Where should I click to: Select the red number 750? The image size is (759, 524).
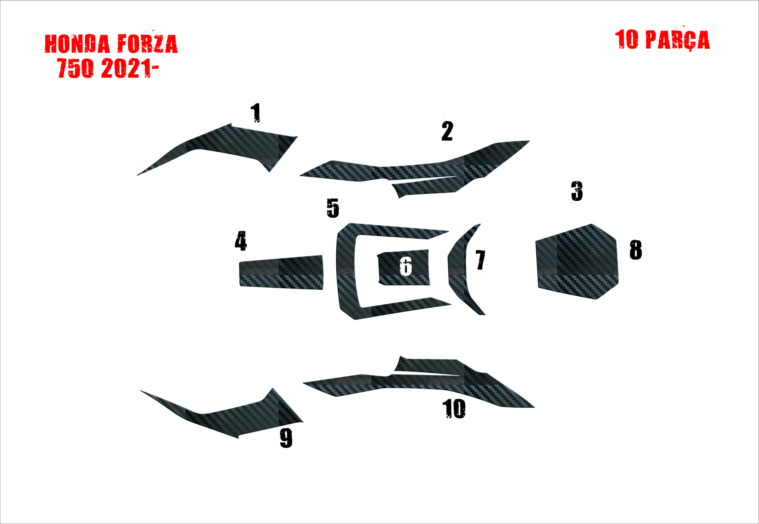pyautogui.click(x=75, y=68)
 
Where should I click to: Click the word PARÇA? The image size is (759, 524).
pyautogui.click(x=677, y=40)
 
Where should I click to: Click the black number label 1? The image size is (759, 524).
pyautogui.click(x=256, y=113)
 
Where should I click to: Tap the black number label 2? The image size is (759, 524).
pyautogui.click(x=447, y=131)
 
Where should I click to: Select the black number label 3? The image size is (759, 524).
pyautogui.click(x=577, y=191)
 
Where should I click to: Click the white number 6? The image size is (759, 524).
pyautogui.click(x=406, y=266)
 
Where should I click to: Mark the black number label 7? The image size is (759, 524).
pyautogui.click(x=480, y=260)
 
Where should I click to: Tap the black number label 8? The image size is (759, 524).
pyautogui.click(x=636, y=250)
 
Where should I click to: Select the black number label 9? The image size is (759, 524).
pyautogui.click(x=286, y=438)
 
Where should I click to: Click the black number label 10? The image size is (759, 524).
pyautogui.click(x=454, y=409)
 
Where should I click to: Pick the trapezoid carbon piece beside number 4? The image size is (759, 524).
pyautogui.click(x=281, y=272)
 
